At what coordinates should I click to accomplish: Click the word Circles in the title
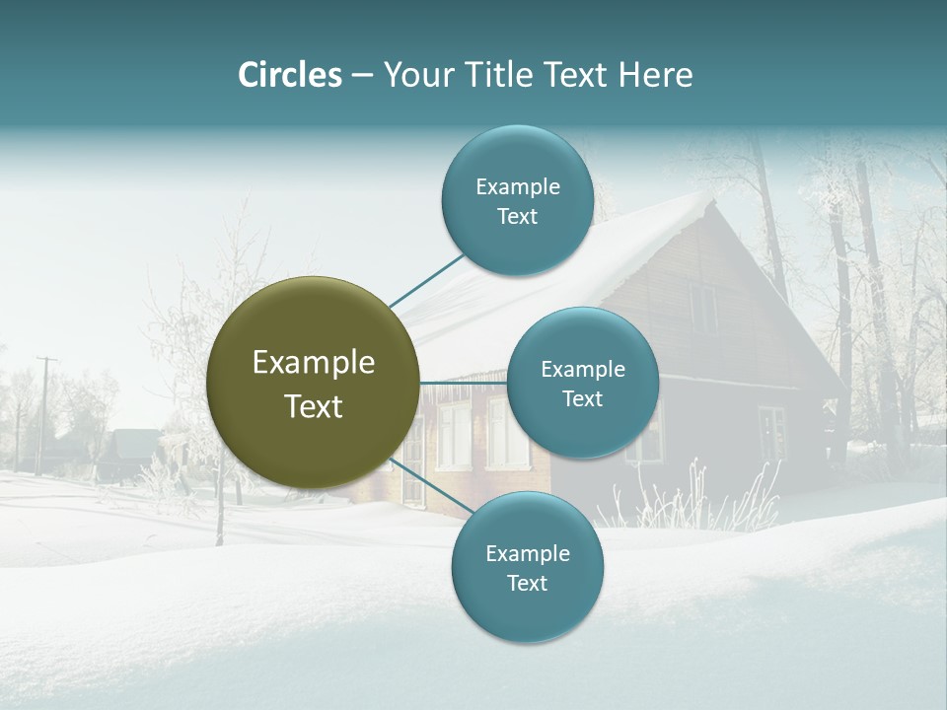(x=289, y=75)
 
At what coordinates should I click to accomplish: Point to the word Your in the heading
(x=417, y=75)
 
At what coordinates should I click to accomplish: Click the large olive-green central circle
(x=313, y=384)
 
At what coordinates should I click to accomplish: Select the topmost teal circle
(x=517, y=201)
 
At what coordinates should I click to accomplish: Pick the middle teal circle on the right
(x=582, y=383)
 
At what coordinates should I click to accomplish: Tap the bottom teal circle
(x=527, y=568)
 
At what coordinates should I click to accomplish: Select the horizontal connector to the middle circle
(x=463, y=383)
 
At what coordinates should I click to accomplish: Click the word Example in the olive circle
(x=313, y=363)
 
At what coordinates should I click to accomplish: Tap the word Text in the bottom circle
(x=527, y=584)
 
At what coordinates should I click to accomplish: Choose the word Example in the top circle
(x=517, y=187)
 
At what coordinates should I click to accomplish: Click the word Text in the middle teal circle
(x=582, y=398)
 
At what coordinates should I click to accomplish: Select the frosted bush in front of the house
(x=691, y=493)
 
